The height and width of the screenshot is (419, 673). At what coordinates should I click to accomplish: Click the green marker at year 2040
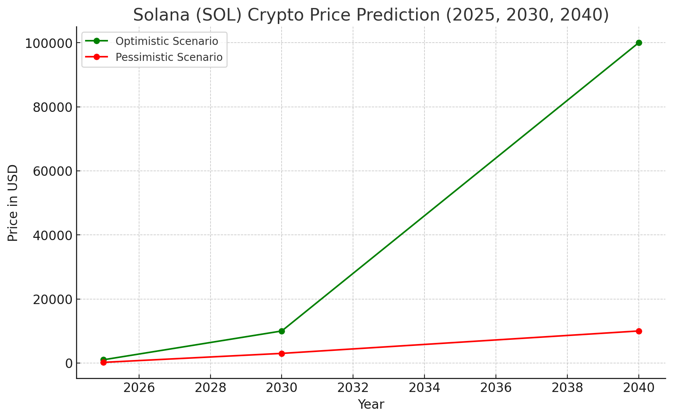639,43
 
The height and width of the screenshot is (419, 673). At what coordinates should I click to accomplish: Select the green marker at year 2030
282,331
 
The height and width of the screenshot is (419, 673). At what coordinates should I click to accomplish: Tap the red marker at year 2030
282,354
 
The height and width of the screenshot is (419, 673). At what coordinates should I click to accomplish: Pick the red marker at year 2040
639,331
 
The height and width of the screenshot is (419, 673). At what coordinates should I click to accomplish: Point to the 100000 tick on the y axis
49,43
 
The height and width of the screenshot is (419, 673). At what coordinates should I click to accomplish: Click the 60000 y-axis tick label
52,171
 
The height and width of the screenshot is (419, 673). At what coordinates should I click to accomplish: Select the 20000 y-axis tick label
52,300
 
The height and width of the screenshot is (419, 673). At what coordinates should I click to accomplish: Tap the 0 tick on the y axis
69,363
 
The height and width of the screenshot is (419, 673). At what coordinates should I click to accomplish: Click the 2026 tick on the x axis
139,388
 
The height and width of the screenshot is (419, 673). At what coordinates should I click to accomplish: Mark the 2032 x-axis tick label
353,388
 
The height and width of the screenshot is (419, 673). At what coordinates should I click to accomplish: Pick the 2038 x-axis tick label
567,388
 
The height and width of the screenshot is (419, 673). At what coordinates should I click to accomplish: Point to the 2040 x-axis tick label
639,388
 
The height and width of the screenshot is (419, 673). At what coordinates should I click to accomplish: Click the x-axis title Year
371,405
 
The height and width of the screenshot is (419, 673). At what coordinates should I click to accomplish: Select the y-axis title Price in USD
13,203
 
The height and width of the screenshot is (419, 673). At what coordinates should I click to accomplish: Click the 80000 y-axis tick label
52,107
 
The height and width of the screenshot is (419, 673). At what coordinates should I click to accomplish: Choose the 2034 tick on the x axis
424,388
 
